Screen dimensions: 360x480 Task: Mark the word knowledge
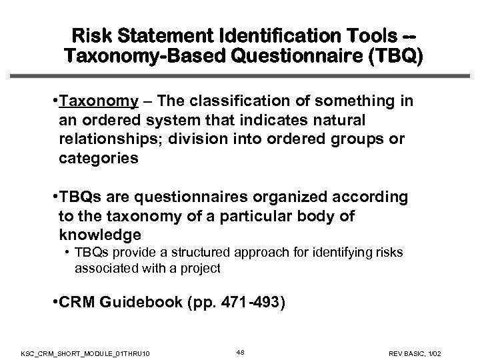(x=100, y=235)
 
